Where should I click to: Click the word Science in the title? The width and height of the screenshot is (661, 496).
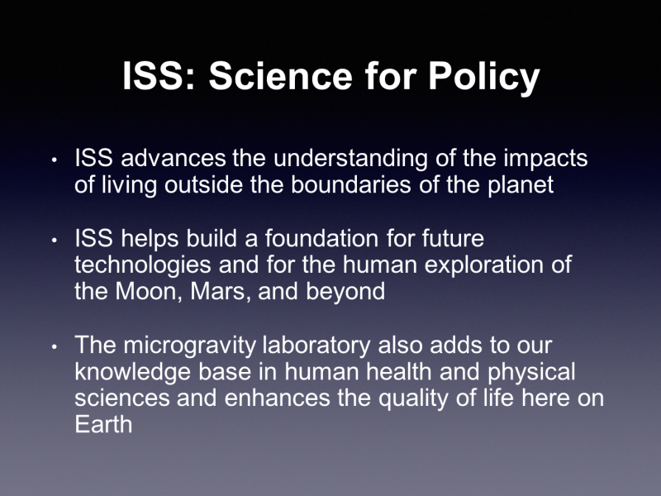click(280, 76)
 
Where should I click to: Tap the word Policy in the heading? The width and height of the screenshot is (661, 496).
click(484, 79)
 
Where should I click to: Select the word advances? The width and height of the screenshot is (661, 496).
click(174, 158)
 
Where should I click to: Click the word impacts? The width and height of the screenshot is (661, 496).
click(545, 159)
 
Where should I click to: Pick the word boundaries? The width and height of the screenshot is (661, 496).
click(350, 184)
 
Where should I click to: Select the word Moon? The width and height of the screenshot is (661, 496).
click(149, 292)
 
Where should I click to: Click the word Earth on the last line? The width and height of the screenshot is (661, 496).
click(103, 424)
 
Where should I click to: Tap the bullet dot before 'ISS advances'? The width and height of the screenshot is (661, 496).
click(54, 160)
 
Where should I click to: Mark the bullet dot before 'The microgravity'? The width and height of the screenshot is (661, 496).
click(54, 347)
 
